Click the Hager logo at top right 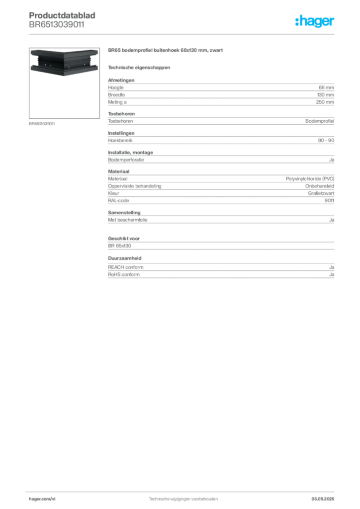coord(315,21)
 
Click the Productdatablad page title coord(62,15)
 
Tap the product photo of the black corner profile coord(64,63)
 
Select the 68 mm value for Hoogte coord(326,87)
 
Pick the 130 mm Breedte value coord(325,95)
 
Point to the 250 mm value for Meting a coord(325,102)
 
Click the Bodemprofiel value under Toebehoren coord(319,121)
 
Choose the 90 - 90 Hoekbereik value coord(326,141)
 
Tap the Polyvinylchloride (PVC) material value coord(310,179)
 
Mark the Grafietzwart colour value coord(321,193)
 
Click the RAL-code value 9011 coord(329,201)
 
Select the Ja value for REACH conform coord(332,267)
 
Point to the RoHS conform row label coord(124,274)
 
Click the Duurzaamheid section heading coord(125,258)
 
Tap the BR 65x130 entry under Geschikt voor coord(119,246)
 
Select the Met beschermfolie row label coord(128,220)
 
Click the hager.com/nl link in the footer coord(42,499)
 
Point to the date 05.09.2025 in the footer coord(323,499)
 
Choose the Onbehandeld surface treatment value coord(319,186)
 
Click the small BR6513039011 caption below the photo coord(42,124)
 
